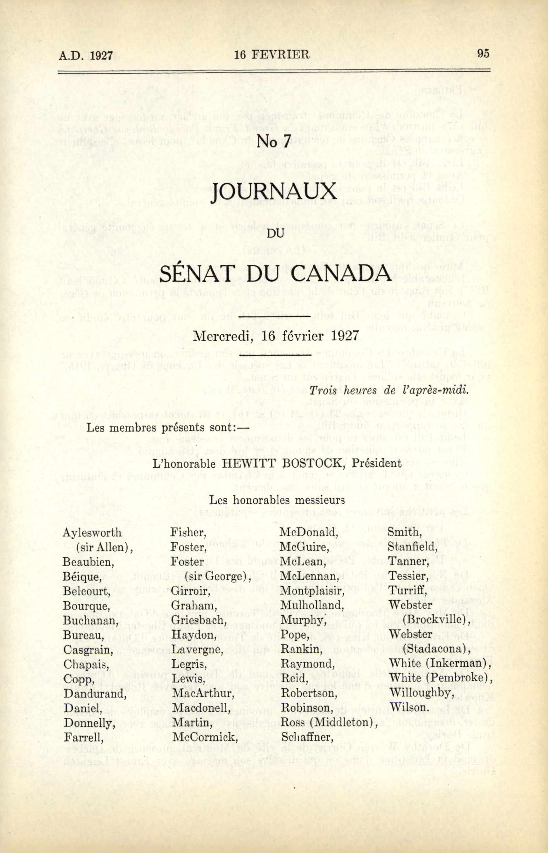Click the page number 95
tap(483, 53)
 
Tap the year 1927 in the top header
tap(101, 56)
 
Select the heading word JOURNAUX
tap(274, 193)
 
